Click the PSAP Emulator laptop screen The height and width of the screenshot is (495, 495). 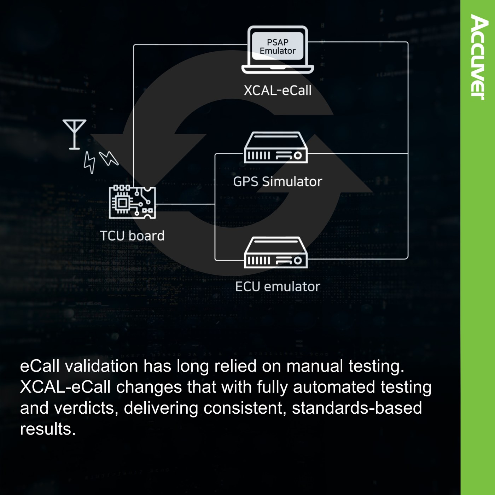coord(278,46)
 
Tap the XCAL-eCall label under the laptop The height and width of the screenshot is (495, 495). coord(278,91)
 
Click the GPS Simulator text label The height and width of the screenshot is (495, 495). coord(278,182)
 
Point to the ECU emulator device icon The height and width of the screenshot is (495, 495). coord(276,252)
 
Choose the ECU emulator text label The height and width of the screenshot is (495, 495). coord(278,286)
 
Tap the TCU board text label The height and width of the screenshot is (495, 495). coord(132,235)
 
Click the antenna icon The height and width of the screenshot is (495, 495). coord(74,134)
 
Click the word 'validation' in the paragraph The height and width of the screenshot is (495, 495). coord(101,366)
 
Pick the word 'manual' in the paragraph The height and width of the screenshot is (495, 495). coord(315,366)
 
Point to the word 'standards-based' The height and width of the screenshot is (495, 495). coord(357,408)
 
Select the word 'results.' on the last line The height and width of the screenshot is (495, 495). coord(48,429)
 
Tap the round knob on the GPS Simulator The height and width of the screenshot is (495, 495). coord(298,156)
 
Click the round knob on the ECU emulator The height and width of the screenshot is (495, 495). coord(298,261)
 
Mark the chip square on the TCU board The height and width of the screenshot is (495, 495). coord(122,203)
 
